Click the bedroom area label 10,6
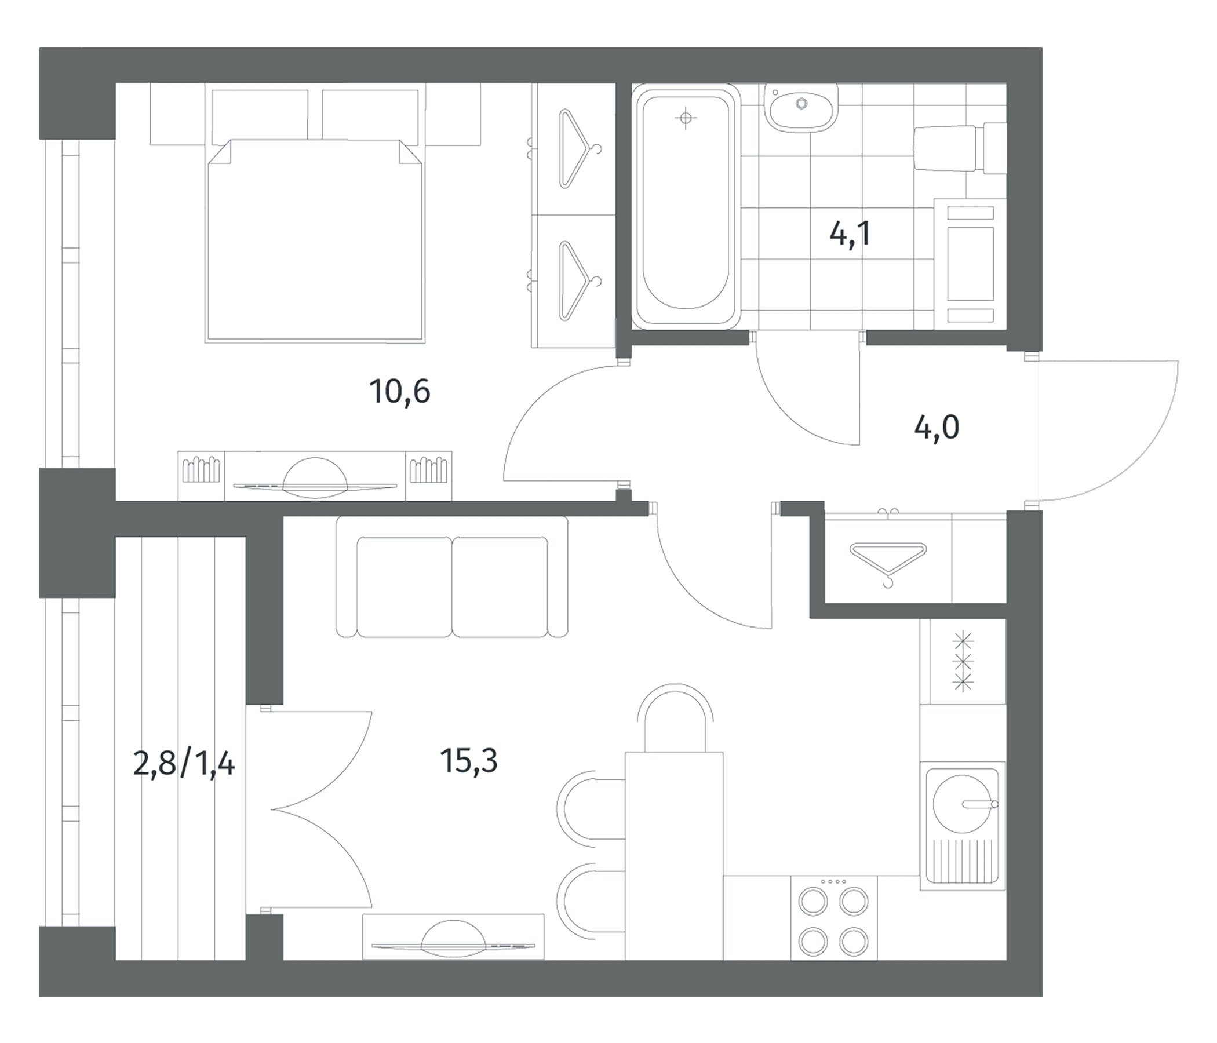399,392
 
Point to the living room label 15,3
469,761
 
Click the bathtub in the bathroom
686,206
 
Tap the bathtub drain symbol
686,119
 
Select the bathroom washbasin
800,107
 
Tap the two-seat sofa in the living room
452,577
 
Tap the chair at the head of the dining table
675,718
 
